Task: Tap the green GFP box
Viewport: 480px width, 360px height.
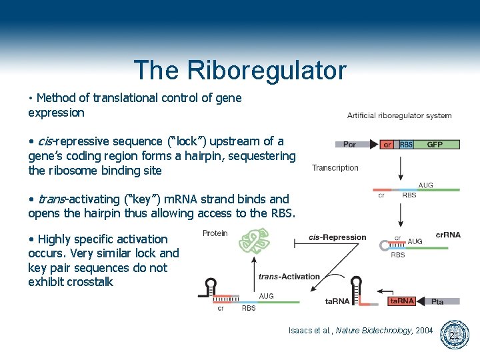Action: pos(435,144)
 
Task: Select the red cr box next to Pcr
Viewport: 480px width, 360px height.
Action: pos(387,144)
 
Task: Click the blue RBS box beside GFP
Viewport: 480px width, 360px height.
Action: pos(405,144)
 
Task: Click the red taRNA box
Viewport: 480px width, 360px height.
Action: pos(401,301)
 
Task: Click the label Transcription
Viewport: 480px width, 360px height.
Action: pos(335,167)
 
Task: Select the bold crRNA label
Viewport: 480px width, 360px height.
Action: pos(447,235)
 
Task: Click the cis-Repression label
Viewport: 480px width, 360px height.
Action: pos(337,237)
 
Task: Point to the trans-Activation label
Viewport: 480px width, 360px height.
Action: pos(289,277)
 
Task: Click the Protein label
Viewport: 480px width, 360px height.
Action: pos(215,233)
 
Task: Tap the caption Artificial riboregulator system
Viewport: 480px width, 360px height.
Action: pos(399,115)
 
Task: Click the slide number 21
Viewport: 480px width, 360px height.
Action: pos(453,335)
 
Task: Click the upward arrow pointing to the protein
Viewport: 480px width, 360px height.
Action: pos(253,273)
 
